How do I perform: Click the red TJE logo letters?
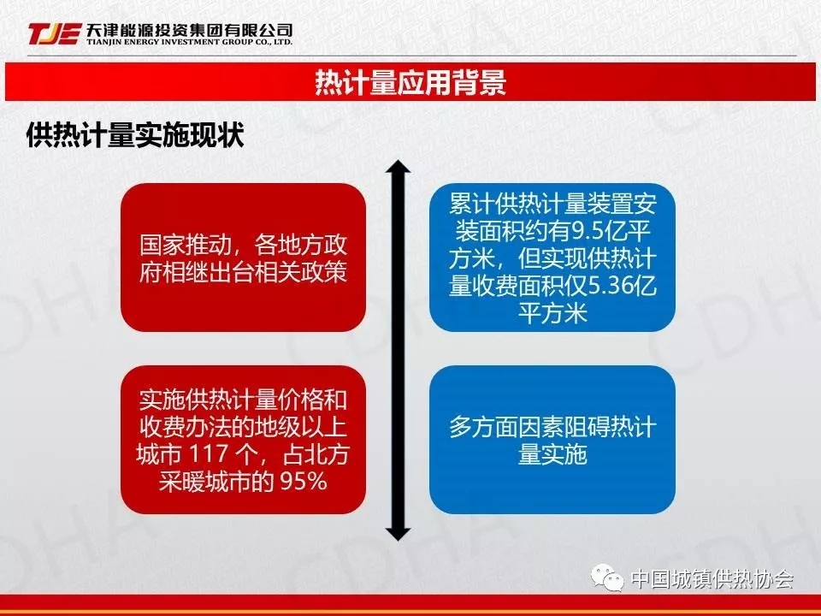click(55, 33)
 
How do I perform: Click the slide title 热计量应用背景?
click(410, 82)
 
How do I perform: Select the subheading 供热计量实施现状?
click(136, 134)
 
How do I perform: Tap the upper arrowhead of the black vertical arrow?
click(398, 167)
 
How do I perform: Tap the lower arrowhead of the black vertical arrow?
click(398, 533)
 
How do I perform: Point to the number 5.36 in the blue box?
click(610, 286)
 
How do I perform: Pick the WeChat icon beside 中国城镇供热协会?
click(607, 577)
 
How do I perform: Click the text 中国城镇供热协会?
click(712, 579)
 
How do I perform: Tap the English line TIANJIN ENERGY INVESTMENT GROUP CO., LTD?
click(190, 42)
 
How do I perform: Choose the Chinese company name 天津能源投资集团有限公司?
click(190, 30)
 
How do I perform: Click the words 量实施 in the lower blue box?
click(552, 454)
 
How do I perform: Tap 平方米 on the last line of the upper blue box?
click(552, 313)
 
